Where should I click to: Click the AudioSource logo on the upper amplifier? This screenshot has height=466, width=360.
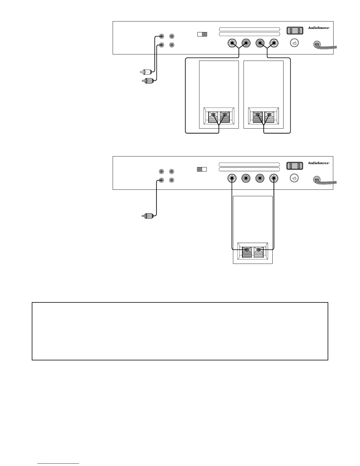click(319, 28)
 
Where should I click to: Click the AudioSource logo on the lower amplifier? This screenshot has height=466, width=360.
click(319, 163)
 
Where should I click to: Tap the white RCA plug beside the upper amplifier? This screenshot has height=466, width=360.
click(145, 71)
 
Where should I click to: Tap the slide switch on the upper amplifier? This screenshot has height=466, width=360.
click(202, 34)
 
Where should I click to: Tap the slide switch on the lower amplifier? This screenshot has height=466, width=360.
click(202, 169)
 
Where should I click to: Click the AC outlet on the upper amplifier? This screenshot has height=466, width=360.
click(295, 31)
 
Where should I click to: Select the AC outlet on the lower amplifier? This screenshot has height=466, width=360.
click(295, 166)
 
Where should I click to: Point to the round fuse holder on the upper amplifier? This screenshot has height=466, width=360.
click(295, 44)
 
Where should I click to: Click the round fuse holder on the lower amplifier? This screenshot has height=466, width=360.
click(295, 179)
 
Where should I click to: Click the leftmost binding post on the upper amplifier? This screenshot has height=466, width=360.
click(232, 44)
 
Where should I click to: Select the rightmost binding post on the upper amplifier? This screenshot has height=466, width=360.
click(274, 44)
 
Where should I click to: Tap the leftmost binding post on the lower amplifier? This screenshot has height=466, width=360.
click(232, 178)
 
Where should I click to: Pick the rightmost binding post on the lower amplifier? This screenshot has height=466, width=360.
click(274, 178)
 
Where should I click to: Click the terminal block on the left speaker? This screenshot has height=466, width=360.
click(219, 117)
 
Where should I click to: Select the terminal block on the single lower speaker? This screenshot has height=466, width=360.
click(253, 252)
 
